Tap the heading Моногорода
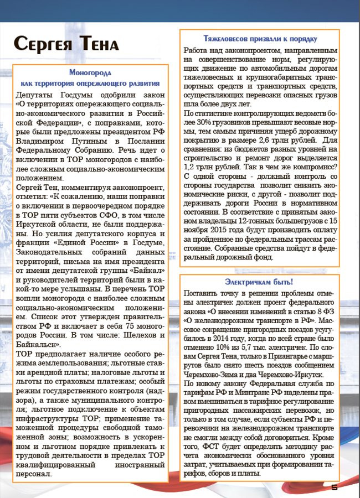tap(90, 72)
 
